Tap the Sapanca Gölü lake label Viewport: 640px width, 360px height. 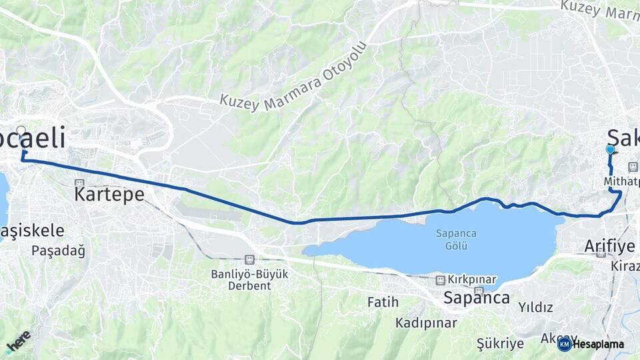coord(451,239)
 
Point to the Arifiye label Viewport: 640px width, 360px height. coord(609,246)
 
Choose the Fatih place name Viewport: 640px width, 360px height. coord(383,302)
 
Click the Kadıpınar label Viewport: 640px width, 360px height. coord(426,323)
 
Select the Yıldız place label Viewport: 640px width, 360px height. coord(535,307)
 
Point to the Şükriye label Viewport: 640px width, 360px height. coord(500,343)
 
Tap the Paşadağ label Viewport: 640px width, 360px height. coord(59,251)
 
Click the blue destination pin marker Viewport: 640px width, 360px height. coord(610,150)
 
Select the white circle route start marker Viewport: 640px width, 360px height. coord(21,131)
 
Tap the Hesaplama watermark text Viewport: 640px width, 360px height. coord(599,344)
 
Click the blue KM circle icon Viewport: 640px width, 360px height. coord(564,344)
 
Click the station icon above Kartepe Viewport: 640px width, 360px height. coord(79,183)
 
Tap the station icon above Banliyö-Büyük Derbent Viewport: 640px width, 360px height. coord(249,259)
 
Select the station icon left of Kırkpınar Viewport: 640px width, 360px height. coord(440,280)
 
